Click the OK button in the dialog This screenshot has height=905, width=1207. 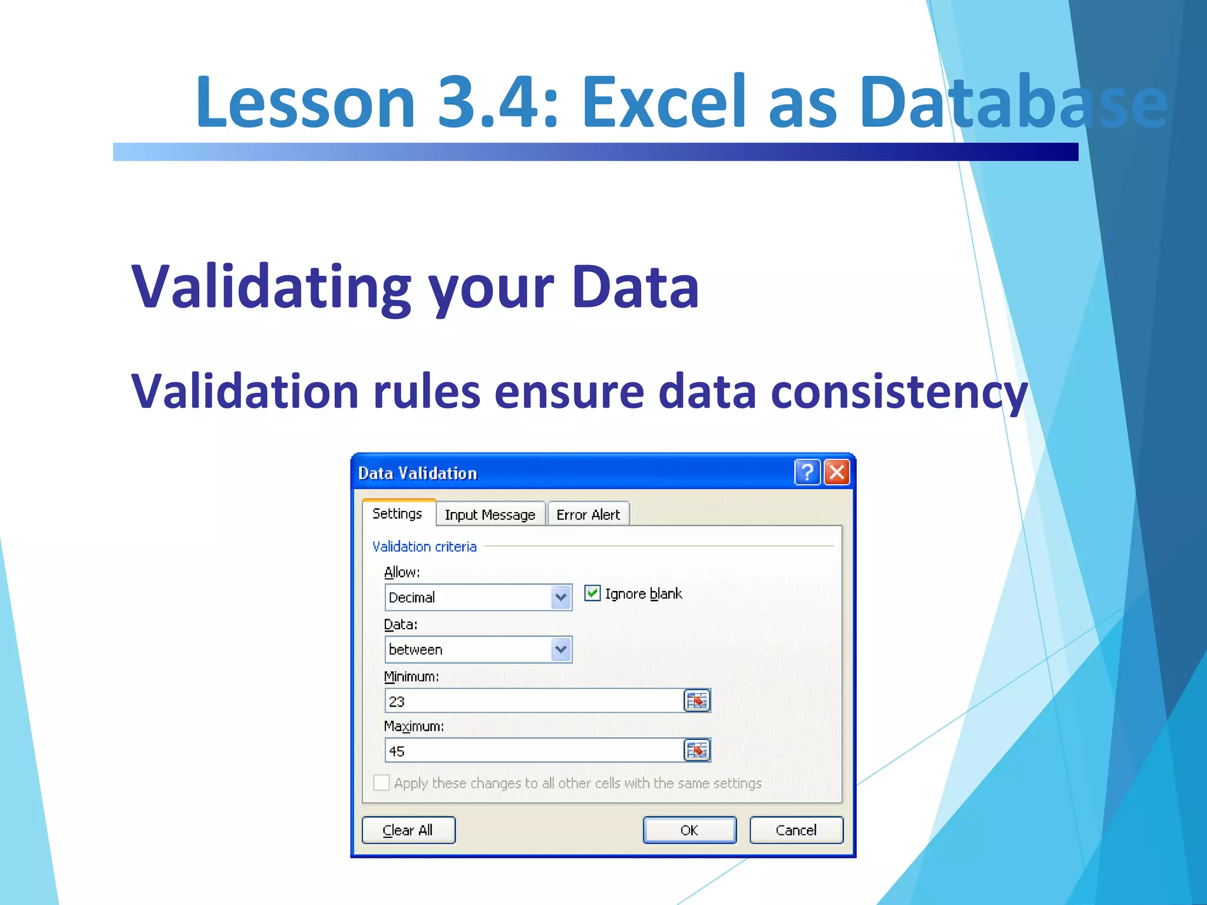pos(689,830)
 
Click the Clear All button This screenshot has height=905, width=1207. pos(408,830)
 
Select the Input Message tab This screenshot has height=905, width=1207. pos(490,514)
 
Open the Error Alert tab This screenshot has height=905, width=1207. pos(588,514)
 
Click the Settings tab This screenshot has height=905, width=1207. pos(397,513)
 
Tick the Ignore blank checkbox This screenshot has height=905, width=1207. pos(592,593)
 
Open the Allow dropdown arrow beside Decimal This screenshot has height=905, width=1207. pos(560,597)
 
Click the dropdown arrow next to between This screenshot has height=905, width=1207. pos(560,649)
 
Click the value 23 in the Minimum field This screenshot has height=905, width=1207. pos(397,702)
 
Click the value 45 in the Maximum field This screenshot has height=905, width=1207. pos(397,751)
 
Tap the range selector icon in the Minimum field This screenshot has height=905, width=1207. pos(697,701)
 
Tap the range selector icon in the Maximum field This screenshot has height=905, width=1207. pos(697,751)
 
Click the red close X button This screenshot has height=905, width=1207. pos(837,473)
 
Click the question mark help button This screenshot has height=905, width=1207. pos(807,473)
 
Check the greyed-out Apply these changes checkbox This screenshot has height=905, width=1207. pos(381,782)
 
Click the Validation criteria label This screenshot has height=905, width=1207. pos(424,546)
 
